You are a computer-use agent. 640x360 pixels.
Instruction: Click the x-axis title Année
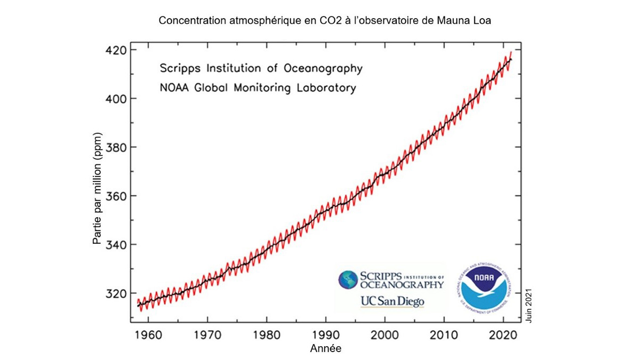tap(325, 349)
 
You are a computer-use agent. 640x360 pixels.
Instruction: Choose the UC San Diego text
tap(392, 301)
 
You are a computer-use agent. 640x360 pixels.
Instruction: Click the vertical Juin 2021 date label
tap(529, 305)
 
